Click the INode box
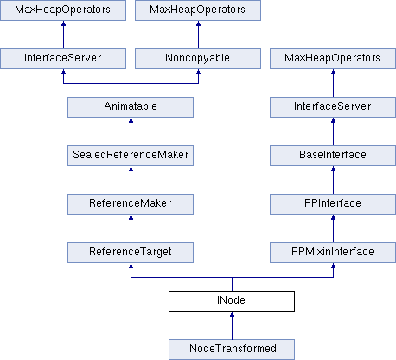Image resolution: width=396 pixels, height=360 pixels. [232, 301]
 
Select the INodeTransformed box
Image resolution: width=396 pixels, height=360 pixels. [232, 350]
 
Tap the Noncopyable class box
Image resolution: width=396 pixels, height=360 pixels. [198, 59]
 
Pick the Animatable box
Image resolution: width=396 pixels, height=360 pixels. [131, 107]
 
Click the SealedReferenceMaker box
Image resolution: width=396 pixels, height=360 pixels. [131, 156]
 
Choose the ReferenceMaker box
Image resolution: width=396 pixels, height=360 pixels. [131, 204]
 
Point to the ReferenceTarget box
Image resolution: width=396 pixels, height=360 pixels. [131, 253]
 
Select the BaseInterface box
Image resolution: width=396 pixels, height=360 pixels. [333, 156]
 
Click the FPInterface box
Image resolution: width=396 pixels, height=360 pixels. [333, 204]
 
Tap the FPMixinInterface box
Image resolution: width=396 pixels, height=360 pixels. [333, 253]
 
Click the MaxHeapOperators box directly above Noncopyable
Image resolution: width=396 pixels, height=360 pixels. [198, 10]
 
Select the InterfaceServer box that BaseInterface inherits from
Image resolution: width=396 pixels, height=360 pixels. [333, 107]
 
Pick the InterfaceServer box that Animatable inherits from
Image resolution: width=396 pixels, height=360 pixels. [63, 59]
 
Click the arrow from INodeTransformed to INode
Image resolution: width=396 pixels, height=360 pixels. [232, 325]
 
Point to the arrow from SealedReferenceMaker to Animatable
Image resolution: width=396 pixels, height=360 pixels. [131, 132]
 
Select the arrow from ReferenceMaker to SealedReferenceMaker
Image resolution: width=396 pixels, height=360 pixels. [131, 180]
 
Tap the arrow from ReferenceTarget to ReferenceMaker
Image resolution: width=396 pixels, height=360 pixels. [131, 228]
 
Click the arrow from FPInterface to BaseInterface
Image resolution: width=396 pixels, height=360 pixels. [334, 180]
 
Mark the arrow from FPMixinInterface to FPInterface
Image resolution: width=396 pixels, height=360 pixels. [334, 228]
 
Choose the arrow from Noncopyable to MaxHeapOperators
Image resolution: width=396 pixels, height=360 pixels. [198, 35]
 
